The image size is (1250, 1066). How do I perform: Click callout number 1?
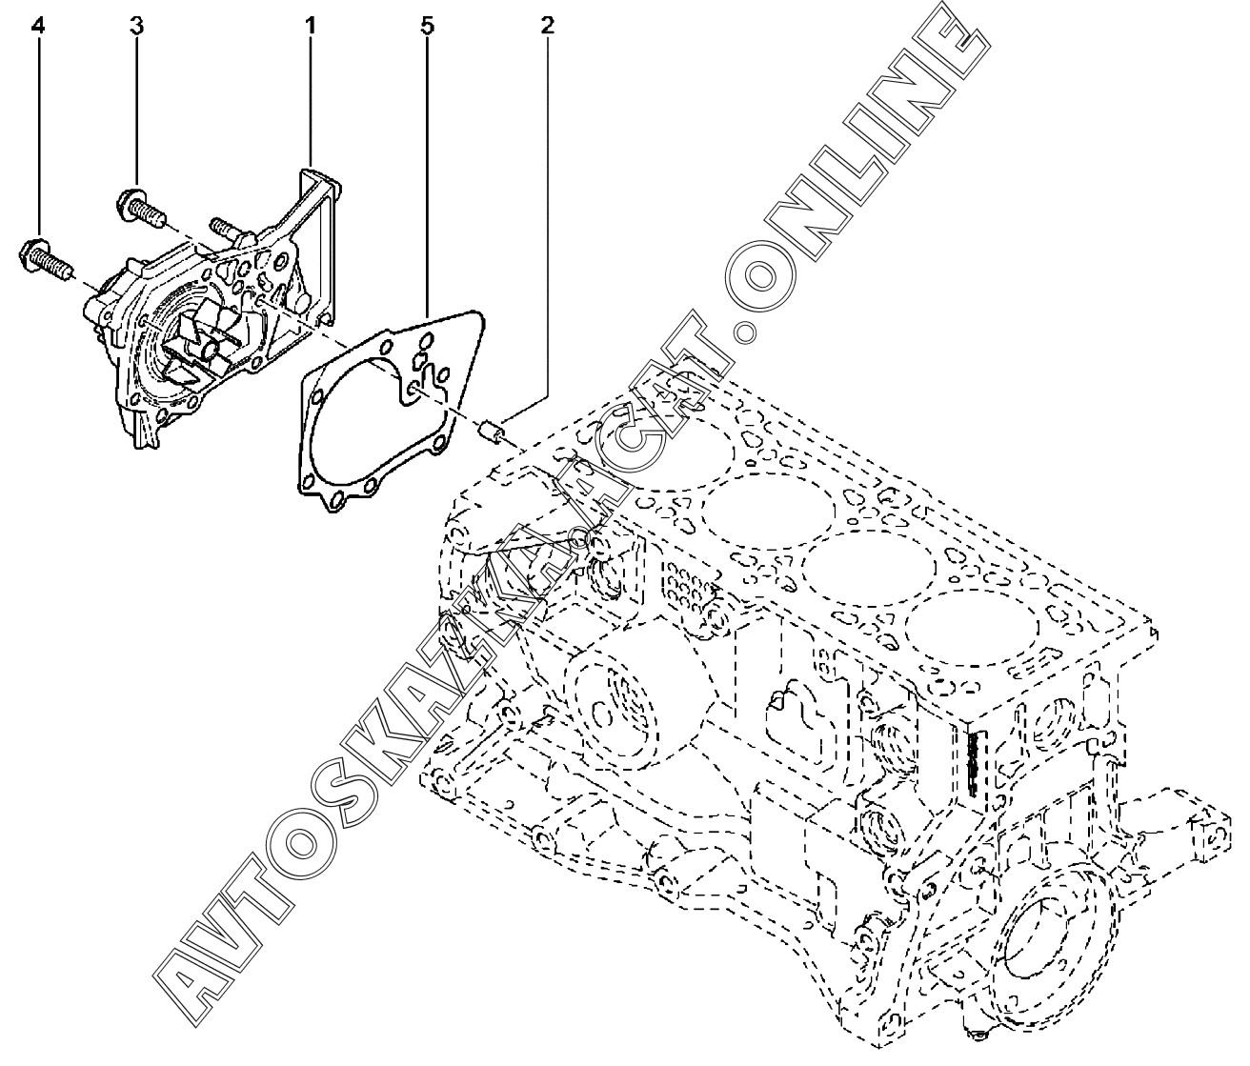point(311,26)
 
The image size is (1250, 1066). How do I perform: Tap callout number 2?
point(546,26)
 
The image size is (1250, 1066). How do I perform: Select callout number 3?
point(137,26)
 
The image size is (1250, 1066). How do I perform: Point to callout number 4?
point(37,26)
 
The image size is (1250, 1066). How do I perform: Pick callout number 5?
point(427,26)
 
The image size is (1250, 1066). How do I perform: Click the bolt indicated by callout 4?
point(44,255)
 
